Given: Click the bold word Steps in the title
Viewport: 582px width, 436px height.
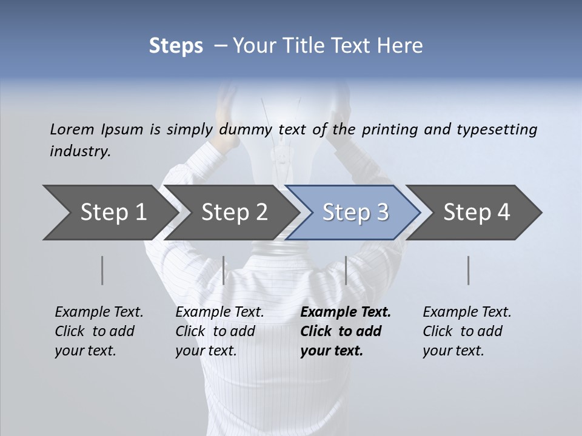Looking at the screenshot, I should (176, 45).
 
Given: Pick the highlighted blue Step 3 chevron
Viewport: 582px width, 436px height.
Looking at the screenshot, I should (355, 212).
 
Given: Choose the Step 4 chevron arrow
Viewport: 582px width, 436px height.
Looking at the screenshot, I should (477, 212).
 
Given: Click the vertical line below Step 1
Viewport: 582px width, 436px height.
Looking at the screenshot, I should (102, 270).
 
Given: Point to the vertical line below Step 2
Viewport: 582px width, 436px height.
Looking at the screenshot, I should (224, 270).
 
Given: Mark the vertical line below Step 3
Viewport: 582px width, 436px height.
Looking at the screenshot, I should (346, 270).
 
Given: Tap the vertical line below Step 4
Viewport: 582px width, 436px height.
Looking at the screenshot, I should (468, 270).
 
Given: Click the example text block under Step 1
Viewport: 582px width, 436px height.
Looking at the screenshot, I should (99, 331).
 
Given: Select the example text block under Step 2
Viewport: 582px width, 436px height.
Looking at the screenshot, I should (219, 331).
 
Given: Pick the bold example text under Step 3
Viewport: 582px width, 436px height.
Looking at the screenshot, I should (346, 331).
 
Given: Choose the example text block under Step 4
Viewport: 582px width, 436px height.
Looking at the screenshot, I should (467, 331).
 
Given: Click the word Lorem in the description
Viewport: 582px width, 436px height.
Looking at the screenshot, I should (72, 129).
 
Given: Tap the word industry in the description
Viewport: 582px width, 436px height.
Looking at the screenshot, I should (80, 151).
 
